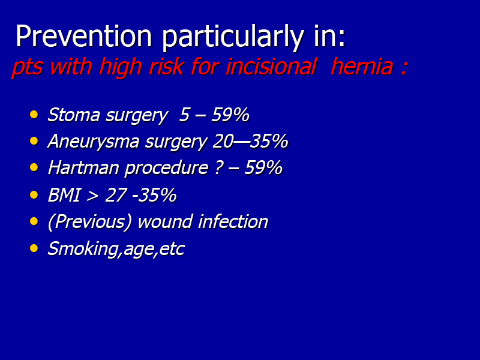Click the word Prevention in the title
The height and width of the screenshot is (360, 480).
84,35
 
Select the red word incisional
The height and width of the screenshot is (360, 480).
271,66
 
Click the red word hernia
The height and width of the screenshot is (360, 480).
362,66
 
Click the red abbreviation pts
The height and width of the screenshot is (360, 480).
27,67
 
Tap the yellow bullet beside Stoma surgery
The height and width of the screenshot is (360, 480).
34,115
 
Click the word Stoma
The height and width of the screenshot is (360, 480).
74,115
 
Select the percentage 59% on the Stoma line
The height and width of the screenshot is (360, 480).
230,115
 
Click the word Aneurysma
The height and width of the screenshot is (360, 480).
94,141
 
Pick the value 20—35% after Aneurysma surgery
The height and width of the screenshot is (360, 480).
250,141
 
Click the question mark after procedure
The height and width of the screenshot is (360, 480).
219,168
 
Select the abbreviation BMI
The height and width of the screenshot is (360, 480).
64,194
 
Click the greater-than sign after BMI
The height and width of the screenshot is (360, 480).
92,196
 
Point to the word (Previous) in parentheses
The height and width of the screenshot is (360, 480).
90,221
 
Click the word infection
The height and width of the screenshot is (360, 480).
233,221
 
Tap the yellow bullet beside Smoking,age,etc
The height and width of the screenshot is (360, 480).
34,248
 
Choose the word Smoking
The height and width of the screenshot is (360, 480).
83,248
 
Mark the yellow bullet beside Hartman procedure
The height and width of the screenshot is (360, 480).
34,167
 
